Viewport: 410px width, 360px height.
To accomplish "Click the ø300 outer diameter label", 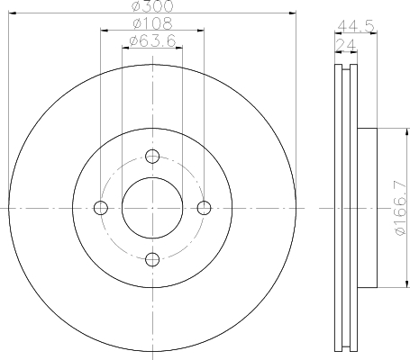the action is tap(153, 6).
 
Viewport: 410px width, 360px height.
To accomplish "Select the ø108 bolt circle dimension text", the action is tap(153, 23).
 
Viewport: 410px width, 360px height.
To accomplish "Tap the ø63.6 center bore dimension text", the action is tap(152, 40).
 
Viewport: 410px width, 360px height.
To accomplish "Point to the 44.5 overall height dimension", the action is tap(356, 26).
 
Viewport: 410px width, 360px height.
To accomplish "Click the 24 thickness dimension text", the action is tap(346, 46).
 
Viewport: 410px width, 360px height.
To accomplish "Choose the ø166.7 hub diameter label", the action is tap(400, 208).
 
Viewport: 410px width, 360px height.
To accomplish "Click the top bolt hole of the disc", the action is tap(152, 157).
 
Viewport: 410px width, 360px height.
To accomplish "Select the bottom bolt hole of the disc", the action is tap(152, 259).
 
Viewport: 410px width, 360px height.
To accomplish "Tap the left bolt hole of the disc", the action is tap(101, 208).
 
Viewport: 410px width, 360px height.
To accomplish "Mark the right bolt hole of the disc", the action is tap(204, 208).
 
